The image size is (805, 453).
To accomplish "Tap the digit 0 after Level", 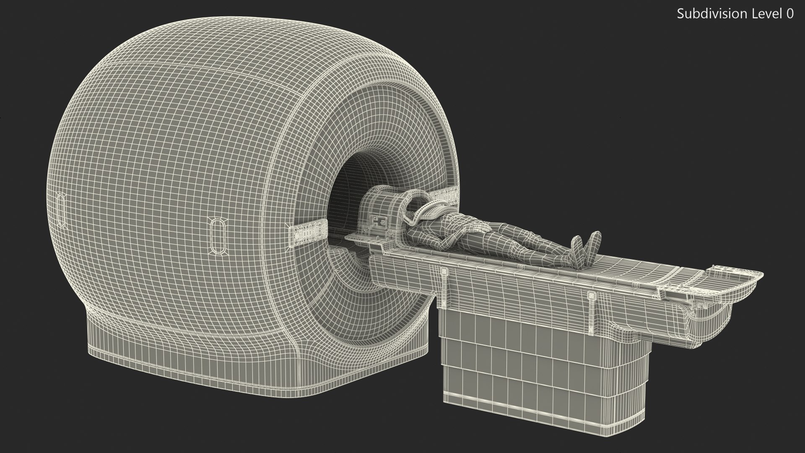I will click(x=789, y=14).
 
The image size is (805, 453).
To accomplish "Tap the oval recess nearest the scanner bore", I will click(x=219, y=236).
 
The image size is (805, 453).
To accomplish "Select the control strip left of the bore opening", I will click(x=308, y=233).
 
